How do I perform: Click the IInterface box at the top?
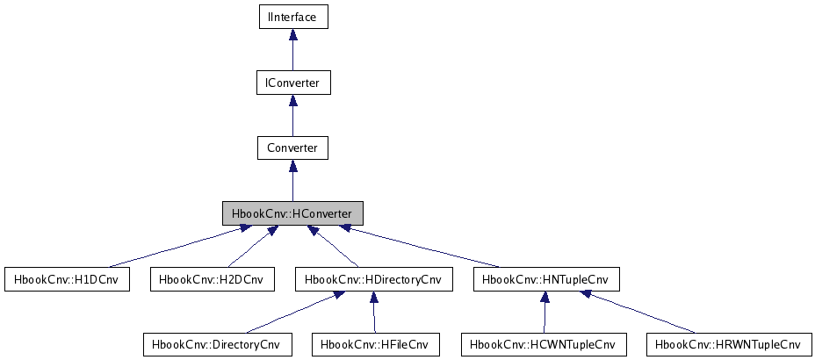point(292,17)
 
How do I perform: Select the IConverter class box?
point(292,83)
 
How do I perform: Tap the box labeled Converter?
point(292,148)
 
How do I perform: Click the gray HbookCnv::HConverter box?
point(292,213)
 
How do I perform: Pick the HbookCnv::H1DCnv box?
point(67,279)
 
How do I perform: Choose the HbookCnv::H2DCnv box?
point(213,279)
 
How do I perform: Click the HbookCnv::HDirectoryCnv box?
point(373,279)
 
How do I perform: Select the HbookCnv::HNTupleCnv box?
point(546,279)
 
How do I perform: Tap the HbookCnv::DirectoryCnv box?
point(216,344)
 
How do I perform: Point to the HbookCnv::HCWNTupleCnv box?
point(545,344)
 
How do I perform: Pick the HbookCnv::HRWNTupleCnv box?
point(727,344)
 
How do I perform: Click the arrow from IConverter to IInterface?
point(292,50)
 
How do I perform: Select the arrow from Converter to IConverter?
point(292,115)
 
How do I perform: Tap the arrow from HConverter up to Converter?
point(292,181)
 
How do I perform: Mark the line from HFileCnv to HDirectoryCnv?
point(374,313)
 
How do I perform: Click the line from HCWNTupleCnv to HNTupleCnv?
point(545,313)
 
